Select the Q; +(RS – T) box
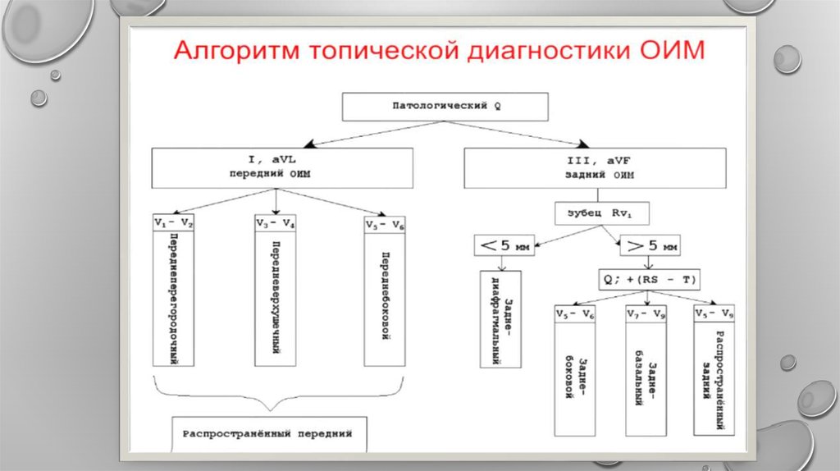pyautogui.click(x=650, y=279)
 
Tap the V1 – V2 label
pyautogui.click(x=172, y=222)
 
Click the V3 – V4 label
pyautogui.click(x=276, y=223)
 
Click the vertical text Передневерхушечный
pyautogui.click(x=276, y=297)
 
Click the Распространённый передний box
pyautogui.click(x=267, y=433)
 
